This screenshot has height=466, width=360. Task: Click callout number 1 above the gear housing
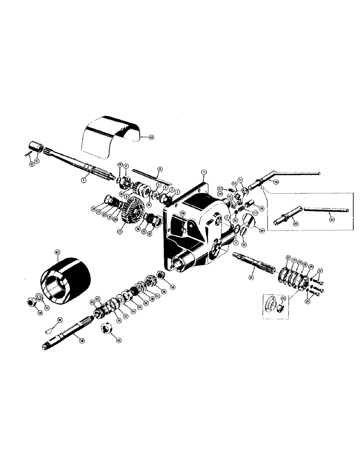[x=203, y=172]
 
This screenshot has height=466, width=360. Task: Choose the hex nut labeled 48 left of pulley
[x=33, y=303]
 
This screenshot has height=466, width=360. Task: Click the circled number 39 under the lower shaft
[x=82, y=341]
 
